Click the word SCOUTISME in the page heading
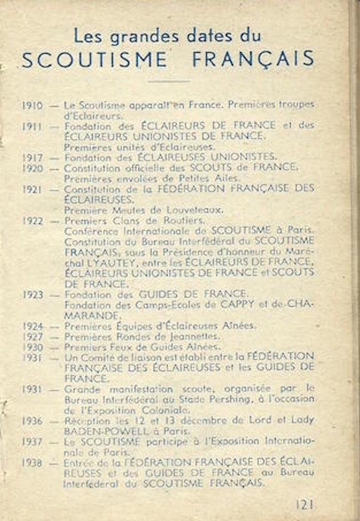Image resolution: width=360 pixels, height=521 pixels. (95, 59)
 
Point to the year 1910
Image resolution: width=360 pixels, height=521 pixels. (33, 106)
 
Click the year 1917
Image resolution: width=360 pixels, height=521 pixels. (33, 157)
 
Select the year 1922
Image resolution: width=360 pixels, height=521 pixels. (33, 220)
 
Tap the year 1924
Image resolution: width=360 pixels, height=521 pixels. (33, 326)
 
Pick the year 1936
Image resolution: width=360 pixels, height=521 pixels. (33, 420)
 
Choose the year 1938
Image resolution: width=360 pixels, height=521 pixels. (33, 463)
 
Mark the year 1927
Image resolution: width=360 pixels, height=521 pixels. (33, 336)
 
